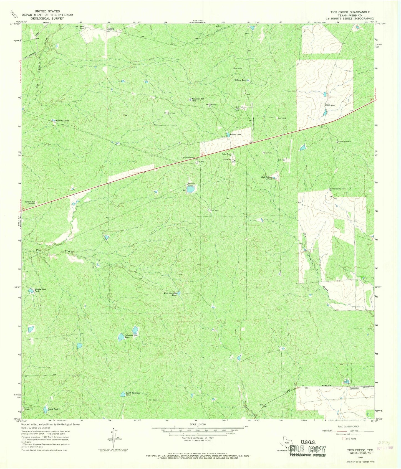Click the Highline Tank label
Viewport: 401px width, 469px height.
pyautogui.click(x=62, y=121)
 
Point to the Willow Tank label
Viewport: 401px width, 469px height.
pyautogui.click(x=240, y=80)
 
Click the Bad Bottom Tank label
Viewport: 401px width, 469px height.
pyautogui.click(x=267, y=178)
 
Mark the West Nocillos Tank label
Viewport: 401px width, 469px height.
pyautogui.click(x=170, y=294)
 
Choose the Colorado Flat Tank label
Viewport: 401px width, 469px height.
pyautogui.click(x=131, y=336)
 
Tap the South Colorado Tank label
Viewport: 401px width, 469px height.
pyautogui.click(x=133, y=394)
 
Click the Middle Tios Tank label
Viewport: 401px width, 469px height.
pyautogui.click(x=40, y=290)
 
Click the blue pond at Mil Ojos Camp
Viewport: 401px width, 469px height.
pyautogui.click(x=190, y=189)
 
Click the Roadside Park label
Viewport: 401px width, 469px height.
pyautogui.click(x=188, y=158)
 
